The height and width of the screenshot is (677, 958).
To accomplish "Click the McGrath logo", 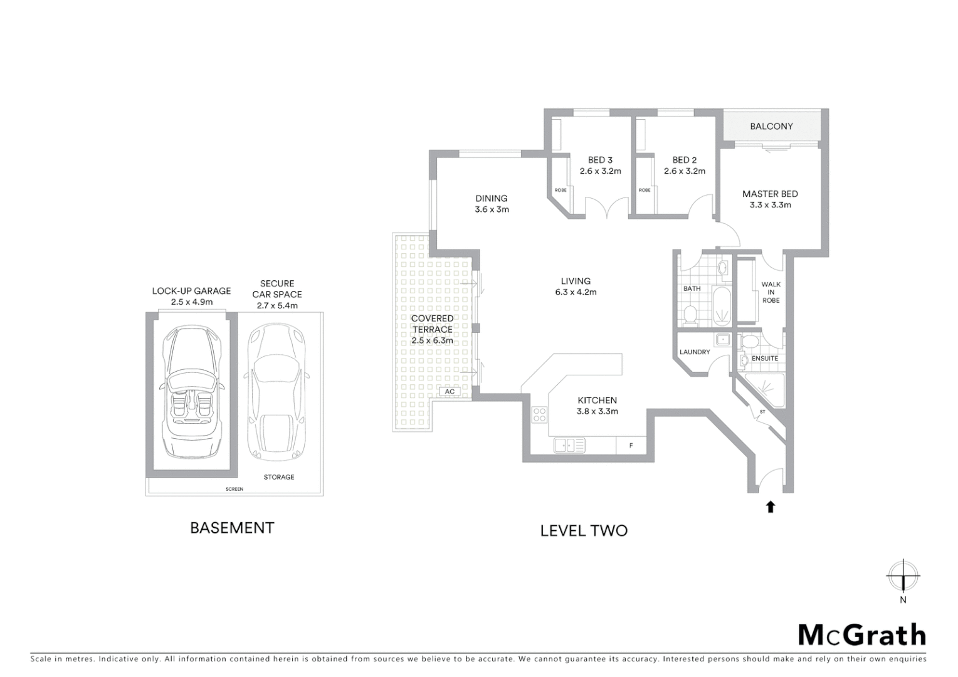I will [861, 635].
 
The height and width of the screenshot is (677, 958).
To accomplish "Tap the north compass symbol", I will [902, 576].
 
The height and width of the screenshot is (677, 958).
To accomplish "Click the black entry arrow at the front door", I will [771, 506].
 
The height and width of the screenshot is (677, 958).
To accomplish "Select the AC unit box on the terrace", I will [449, 392].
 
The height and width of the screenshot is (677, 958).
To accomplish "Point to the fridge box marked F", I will [631, 446].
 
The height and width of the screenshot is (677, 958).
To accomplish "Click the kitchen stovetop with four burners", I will [539, 414].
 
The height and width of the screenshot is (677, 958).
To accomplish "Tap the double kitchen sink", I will [569, 445].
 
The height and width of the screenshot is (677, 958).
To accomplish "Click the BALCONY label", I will [771, 126].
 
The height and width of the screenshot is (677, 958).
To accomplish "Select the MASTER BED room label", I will [770, 194].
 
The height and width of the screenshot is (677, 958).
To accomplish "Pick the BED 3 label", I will [600, 160].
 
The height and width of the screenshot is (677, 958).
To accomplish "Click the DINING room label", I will [491, 198].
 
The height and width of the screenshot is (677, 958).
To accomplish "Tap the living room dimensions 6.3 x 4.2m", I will [576, 292].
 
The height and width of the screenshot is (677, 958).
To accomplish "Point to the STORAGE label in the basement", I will [279, 477].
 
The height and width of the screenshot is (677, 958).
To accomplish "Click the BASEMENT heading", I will [232, 528].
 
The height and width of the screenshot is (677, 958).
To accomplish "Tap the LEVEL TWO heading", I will [584, 531].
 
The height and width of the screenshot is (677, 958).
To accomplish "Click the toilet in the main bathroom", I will [690, 314].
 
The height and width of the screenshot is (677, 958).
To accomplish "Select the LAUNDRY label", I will [695, 352].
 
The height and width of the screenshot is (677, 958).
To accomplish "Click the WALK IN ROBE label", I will [771, 292].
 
